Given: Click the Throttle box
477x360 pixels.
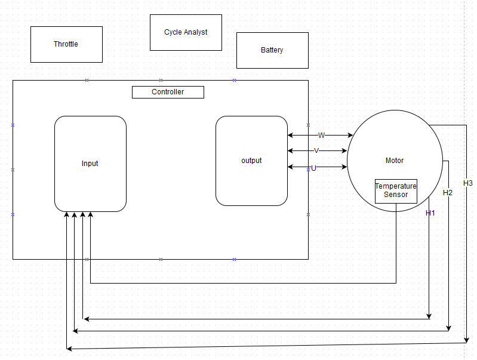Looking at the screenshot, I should coord(66,44).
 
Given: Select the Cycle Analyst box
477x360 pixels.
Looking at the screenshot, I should coord(186,32).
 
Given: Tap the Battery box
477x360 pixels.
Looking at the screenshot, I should coord(272,50).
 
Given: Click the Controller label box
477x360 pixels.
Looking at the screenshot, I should coord(168,92).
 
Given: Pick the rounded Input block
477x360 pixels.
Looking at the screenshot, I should coord(90,164).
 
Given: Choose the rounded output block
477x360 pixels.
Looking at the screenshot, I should coord(251,161).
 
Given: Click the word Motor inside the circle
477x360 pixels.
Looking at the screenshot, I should coord(395,161).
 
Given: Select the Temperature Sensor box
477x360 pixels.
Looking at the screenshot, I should coord(396,191).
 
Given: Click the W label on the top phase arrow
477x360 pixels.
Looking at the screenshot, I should coord(321,136).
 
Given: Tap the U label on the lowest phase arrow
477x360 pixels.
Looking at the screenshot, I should coord(313,168).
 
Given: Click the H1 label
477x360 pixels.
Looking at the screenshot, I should coord(430,213).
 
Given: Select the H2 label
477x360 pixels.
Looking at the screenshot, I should coord(448,193).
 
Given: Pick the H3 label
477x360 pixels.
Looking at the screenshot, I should coord(467,183).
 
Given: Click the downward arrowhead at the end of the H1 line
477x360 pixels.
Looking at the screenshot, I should coord(429,316).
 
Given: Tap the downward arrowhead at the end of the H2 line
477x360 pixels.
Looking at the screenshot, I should coord(449,328).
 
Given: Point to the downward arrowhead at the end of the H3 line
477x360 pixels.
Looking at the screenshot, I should coord(466,340).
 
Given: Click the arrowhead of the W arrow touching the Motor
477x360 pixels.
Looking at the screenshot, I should coord(350,136).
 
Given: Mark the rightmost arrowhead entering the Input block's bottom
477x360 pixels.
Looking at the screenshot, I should coord(90,215).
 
